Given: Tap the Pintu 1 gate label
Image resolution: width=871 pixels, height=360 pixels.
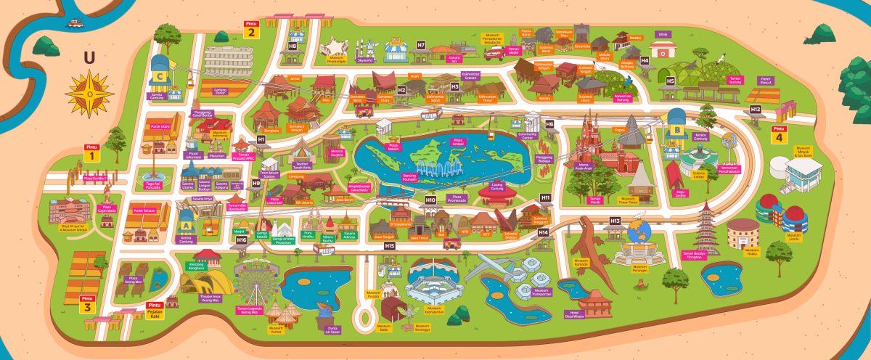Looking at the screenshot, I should tap(91, 152).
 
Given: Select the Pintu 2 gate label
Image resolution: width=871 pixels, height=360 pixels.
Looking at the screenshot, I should tap(251, 29).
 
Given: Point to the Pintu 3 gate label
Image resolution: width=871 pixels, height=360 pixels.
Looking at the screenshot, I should tap(88, 303).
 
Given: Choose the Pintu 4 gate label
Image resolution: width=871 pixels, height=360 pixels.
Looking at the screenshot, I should tap(779, 134).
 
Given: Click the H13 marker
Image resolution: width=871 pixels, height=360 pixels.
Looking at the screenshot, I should tap(615, 220).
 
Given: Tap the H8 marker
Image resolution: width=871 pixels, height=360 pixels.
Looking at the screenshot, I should tap(293, 45).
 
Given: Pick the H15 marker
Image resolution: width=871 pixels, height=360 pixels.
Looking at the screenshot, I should tap(390, 246).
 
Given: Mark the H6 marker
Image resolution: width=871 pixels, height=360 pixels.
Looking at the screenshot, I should tap(549, 124).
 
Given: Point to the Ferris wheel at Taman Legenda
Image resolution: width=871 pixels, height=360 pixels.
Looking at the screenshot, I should tap(254, 281).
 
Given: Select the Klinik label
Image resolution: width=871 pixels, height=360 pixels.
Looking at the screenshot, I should tap(662, 33).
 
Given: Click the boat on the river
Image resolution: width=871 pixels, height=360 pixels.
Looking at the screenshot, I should tap(75, 22).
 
